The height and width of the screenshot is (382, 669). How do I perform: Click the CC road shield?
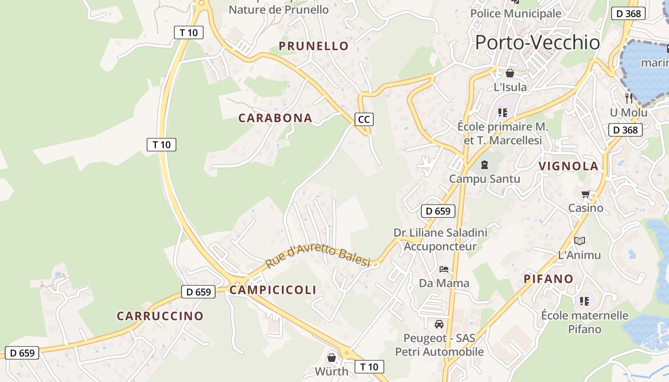click(364, 119)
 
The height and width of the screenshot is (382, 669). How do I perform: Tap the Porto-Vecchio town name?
click(537, 42)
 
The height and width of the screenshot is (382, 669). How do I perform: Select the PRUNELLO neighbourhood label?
click(313, 46)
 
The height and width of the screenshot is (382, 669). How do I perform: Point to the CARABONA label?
click(275, 118)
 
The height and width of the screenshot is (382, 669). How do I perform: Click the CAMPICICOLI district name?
click(273, 290)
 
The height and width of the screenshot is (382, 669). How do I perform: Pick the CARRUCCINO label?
click(160, 316)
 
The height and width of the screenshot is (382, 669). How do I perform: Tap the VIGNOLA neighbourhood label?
click(568, 166)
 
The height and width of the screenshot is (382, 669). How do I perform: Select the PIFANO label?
click(548, 279)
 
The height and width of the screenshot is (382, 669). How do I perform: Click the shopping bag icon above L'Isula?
click(510, 74)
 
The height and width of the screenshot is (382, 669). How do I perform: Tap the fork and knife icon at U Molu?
click(629, 98)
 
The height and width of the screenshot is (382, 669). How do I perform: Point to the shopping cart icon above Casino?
click(586, 194)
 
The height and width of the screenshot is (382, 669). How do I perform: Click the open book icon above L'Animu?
click(579, 241)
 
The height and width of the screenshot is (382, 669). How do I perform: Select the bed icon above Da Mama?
click(444, 269)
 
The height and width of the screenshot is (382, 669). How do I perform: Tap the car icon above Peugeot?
click(439, 324)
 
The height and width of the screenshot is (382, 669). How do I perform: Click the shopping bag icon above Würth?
click(332, 358)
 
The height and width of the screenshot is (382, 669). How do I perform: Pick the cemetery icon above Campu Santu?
click(485, 165)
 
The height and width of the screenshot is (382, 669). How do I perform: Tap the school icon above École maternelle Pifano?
click(584, 301)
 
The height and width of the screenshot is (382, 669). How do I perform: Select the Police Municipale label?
click(516, 13)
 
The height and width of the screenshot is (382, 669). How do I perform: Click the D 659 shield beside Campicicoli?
click(198, 292)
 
